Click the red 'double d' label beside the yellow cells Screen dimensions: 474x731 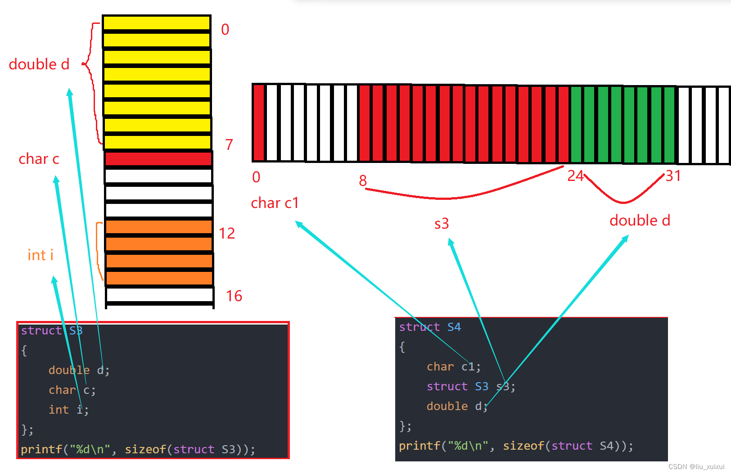pos(39,64)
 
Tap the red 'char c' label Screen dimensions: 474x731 pos(39,159)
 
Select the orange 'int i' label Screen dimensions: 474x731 pos(41,255)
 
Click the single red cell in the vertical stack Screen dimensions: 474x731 pos(158,159)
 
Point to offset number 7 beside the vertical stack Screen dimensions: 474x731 pos(229,144)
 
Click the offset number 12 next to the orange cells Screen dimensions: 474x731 pos(227,233)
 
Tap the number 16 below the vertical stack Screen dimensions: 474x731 pos(234,296)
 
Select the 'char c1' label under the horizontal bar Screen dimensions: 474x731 pos(275,203)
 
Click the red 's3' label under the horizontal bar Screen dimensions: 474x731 pos(442,224)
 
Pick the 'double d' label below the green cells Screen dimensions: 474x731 pos(640,221)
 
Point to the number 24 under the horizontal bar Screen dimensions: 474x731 pos(575,176)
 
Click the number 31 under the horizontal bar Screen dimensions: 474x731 pos(673,176)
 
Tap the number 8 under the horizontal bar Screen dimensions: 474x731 pos(363,181)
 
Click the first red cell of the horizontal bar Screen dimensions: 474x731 pos(258,122)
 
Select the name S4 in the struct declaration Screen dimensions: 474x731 pos(454,327)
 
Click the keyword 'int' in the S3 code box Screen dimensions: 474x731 pos(59,410)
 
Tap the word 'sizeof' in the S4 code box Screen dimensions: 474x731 pos(523,446)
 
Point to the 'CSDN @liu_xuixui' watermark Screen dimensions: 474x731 pos(696,467)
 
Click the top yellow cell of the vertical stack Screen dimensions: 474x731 pos(157,23)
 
